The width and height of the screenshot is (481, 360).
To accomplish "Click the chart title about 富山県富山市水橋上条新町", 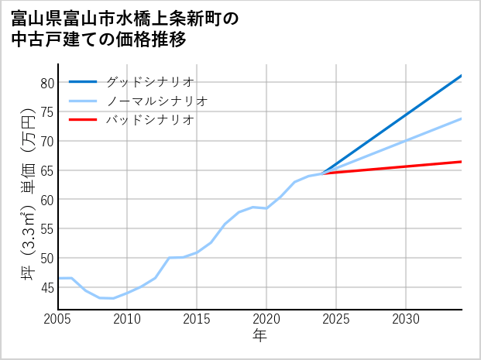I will [x=124, y=29].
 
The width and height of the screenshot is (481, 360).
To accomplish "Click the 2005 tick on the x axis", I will [x=58, y=319].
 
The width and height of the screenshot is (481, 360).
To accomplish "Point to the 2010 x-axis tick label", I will [x=127, y=319].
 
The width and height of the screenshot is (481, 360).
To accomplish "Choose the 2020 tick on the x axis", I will [x=266, y=319].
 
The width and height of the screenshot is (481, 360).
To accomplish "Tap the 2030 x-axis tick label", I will [x=406, y=319].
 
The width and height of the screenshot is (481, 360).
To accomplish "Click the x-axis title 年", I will [x=259, y=336].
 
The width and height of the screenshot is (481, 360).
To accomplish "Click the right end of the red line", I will [x=462, y=162].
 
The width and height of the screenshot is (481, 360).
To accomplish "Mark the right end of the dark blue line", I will [x=462, y=76].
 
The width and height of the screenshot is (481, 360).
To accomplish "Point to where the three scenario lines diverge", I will [x=322, y=173].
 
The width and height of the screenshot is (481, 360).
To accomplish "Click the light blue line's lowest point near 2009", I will [x=113, y=298].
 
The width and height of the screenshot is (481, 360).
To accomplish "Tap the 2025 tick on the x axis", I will [x=336, y=319].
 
